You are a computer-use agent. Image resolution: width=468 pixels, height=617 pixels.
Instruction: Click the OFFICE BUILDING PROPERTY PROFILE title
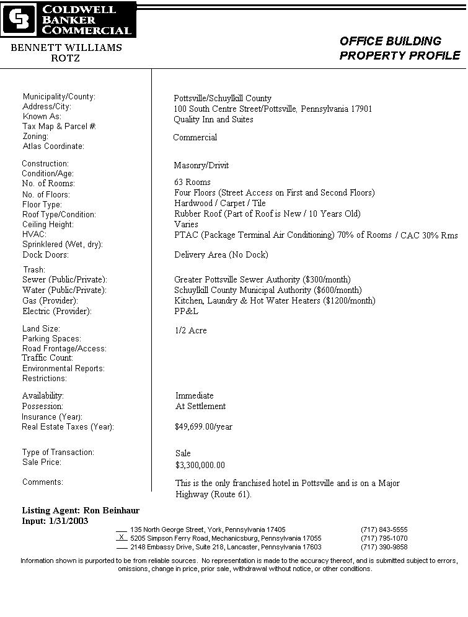399,48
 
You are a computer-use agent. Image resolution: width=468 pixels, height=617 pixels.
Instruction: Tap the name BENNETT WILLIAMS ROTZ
66,53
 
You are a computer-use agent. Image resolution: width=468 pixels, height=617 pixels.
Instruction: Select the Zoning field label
35,137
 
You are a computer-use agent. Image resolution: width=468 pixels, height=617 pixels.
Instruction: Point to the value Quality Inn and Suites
213,120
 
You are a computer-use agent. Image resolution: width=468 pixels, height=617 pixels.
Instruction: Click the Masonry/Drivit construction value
201,166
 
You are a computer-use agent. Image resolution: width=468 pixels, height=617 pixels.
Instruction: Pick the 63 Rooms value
192,182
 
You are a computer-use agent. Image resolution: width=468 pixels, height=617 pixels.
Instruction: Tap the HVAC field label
34,235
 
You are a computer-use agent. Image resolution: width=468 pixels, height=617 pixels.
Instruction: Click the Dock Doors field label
45,255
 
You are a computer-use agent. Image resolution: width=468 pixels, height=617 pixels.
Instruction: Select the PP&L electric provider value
186,312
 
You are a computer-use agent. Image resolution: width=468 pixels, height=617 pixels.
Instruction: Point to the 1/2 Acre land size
191,331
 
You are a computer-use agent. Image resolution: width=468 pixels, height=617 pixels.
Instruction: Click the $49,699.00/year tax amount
203,427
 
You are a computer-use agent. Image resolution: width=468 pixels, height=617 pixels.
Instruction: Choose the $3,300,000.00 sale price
200,465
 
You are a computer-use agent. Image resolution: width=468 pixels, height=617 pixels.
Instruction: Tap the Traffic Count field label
48,358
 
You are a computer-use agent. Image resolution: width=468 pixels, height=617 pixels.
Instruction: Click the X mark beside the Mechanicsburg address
121,538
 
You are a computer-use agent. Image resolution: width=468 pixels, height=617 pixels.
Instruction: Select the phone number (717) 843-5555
384,529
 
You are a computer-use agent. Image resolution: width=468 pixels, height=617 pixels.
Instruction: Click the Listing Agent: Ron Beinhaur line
81,510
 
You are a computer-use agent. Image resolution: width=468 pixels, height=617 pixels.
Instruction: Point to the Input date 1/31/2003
55,521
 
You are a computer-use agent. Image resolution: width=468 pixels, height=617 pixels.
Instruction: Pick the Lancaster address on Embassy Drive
226,547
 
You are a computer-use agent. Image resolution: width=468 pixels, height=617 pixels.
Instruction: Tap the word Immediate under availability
194,396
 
